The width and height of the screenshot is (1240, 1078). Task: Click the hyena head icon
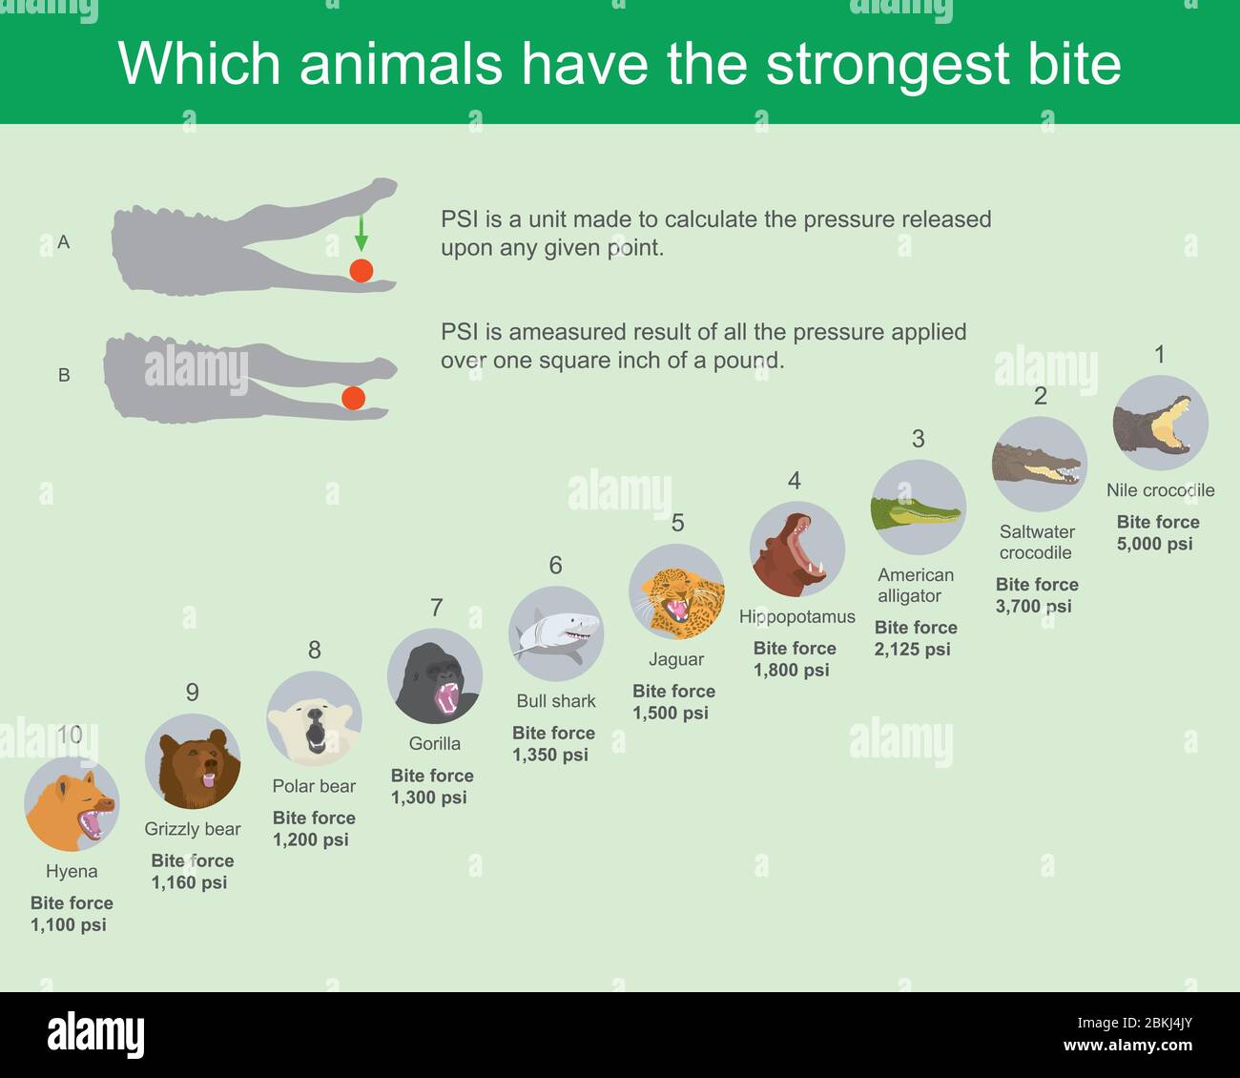[x=72, y=803]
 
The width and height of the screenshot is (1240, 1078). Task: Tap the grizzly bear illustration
[x=193, y=761]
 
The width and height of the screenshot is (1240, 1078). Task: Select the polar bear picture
[x=314, y=718]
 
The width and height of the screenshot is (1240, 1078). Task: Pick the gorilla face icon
[x=435, y=676]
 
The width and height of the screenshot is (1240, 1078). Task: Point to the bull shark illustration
[x=556, y=633]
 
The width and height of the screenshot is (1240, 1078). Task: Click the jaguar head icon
[x=676, y=591]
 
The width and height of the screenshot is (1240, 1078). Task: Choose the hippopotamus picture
[x=797, y=549]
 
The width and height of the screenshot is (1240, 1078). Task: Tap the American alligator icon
[x=918, y=508]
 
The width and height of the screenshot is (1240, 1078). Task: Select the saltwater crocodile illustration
[x=1039, y=465]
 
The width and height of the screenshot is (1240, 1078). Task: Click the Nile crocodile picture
[x=1160, y=423]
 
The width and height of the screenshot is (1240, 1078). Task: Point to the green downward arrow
[x=361, y=233]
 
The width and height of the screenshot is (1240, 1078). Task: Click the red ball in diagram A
[x=361, y=270]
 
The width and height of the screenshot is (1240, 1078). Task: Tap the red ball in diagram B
[x=353, y=398]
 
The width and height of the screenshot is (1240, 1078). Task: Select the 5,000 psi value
[x=1154, y=544]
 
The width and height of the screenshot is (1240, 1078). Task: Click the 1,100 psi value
[x=68, y=924]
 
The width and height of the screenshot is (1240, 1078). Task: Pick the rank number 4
[x=794, y=481]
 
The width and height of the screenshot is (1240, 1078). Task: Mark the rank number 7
[x=436, y=608]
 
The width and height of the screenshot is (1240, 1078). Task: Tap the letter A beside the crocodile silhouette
[x=64, y=242]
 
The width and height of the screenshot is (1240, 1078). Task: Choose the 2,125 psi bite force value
[x=912, y=650]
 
